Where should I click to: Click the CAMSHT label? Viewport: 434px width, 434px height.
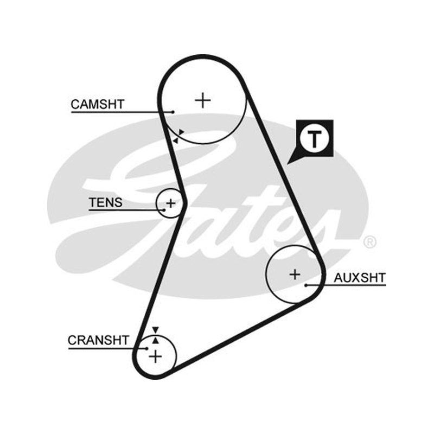(x=98, y=104)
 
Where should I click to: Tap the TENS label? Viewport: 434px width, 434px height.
(x=105, y=202)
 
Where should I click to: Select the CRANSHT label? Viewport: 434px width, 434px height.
(x=98, y=340)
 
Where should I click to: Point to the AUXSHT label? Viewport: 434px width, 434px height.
(x=360, y=278)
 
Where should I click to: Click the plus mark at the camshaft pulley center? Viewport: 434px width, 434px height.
(x=203, y=100)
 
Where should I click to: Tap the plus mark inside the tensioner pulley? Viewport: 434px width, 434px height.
(x=171, y=203)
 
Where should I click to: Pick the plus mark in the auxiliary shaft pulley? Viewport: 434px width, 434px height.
(x=295, y=275)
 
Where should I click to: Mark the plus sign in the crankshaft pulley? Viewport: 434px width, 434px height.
(x=155, y=356)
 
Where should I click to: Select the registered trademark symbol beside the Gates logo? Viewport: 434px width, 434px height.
(x=370, y=242)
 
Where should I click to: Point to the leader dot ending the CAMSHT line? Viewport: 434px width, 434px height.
(x=173, y=112)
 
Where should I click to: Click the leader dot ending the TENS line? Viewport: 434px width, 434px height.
(x=164, y=210)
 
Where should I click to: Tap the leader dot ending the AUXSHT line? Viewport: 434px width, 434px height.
(x=306, y=285)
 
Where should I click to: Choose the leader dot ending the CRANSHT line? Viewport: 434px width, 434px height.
(x=146, y=348)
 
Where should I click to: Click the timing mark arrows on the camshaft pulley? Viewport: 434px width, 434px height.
(x=178, y=136)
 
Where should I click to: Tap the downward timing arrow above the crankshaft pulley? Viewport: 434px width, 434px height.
(x=156, y=330)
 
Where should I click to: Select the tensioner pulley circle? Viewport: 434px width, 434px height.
(x=156, y=203)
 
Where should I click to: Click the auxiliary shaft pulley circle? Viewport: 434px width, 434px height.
(x=266, y=274)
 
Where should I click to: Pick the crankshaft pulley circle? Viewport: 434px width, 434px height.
(x=176, y=356)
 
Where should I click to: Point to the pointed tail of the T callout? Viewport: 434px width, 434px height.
(x=288, y=164)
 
